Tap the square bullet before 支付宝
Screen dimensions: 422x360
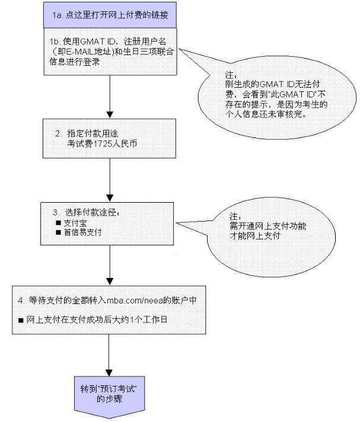coord(58,223)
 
